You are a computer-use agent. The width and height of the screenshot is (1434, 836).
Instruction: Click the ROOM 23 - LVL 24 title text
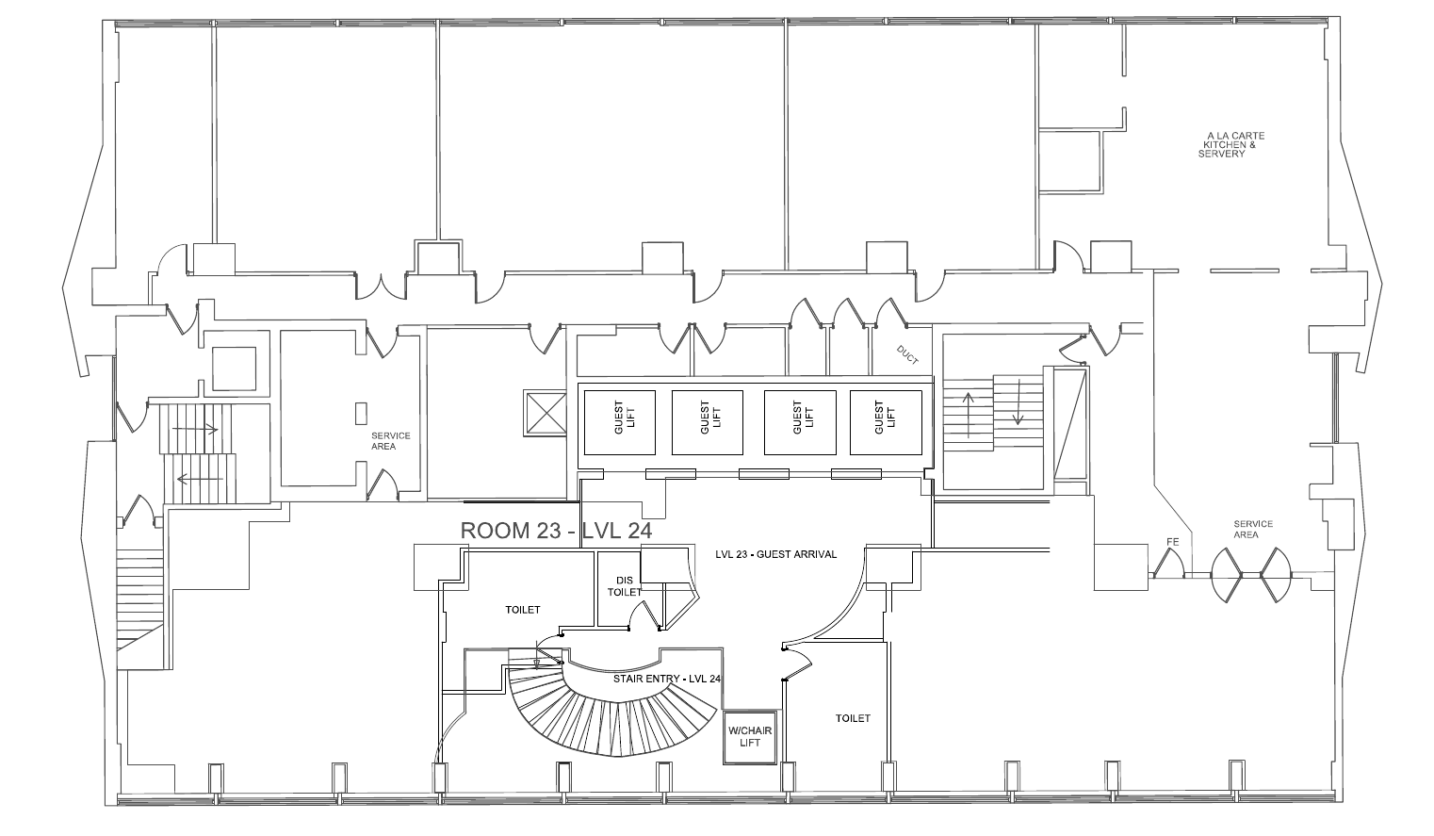tap(556, 531)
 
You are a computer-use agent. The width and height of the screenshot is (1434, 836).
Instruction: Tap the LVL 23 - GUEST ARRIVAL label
tap(776, 555)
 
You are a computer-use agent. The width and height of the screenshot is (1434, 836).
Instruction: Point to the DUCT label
tap(907, 355)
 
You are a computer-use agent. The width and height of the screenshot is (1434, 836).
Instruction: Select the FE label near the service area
tap(1172, 542)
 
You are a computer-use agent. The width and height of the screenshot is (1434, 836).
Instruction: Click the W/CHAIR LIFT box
tap(750, 737)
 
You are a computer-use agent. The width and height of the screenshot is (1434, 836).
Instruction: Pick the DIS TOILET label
tap(624, 586)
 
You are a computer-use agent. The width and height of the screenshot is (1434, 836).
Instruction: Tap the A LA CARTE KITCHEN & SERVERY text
tap(1231, 145)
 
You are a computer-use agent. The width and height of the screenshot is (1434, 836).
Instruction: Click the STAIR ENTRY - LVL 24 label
tap(667, 679)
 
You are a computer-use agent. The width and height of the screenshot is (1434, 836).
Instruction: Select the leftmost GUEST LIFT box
tap(620, 423)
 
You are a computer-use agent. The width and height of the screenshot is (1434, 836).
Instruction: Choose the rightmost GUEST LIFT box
tap(886, 423)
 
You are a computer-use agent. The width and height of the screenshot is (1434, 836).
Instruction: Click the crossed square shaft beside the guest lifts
tap(545, 413)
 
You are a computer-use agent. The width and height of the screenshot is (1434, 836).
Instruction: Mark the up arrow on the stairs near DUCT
tap(968, 415)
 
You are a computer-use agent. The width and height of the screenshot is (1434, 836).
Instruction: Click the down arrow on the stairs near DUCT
tap(1018, 402)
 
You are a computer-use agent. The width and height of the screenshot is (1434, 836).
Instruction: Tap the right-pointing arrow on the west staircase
tap(195, 430)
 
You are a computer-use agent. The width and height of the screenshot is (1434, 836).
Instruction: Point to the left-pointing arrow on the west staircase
tap(200, 479)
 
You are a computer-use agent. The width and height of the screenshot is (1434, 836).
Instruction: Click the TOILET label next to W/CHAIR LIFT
tap(853, 719)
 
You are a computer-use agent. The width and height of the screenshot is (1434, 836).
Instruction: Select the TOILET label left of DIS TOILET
tap(523, 610)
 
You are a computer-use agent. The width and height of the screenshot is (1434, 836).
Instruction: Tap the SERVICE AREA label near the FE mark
tap(1253, 529)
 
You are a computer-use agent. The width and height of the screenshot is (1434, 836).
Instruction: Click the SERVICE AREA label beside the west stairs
tap(390, 441)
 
